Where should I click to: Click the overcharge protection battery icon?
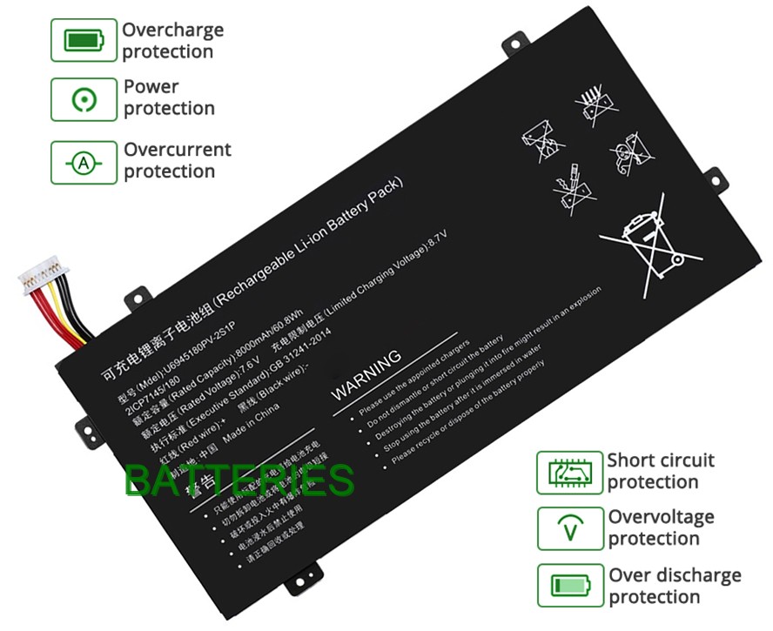pos(84,40)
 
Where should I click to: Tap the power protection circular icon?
pos(84,99)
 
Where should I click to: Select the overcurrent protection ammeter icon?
pos(84,163)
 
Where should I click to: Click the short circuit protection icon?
pos(569,473)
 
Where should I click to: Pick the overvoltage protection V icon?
pos(569,529)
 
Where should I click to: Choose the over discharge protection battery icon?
pos(569,586)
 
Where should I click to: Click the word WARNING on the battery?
pos(366,375)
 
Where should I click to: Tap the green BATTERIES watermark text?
pos(239,480)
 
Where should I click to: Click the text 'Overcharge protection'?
pos(171,41)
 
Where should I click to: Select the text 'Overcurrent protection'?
pos(177,160)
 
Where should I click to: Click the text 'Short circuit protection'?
pos(660,471)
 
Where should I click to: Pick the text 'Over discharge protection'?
pos(674,586)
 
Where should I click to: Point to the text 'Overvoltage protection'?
pos(660,527)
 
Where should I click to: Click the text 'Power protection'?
pos(168,97)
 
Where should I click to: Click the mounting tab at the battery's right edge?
pos(714,179)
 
